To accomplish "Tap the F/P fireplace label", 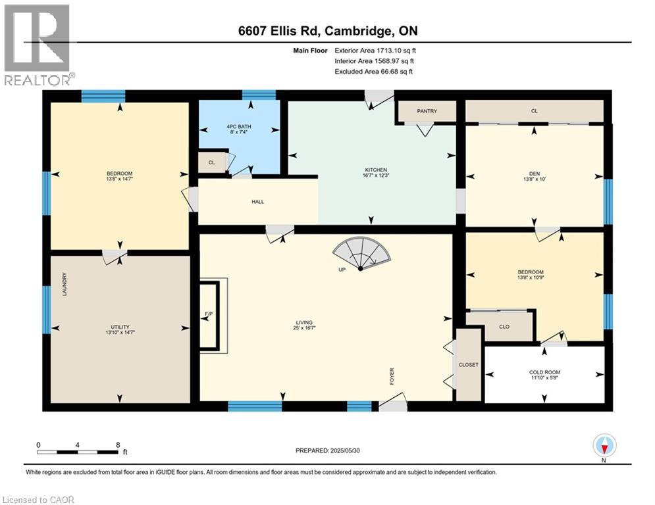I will point(209,314).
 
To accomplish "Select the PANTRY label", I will point(427,111).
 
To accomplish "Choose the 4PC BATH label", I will point(239,127).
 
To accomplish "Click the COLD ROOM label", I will point(544,372).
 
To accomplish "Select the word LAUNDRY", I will point(65,285).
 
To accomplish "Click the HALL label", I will point(258,201).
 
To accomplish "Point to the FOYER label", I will point(391,377).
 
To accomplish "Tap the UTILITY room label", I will point(119,327).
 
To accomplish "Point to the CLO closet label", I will point(504,326).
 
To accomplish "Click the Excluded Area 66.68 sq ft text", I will point(374,72).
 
